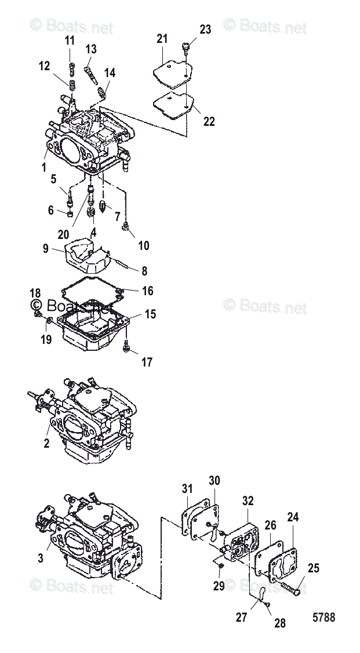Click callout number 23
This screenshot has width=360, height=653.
pyautogui.click(x=206, y=30)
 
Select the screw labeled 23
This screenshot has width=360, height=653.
pyautogui.click(x=186, y=47)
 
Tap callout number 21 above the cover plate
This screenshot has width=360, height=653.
pyautogui.click(x=162, y=39)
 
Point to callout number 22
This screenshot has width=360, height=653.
pyautogui.click(x=209, y=121)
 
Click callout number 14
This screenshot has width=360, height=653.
pyautogui.click(x=110, y=72)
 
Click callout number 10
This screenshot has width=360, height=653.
pyautogui.click(x=143, y=246)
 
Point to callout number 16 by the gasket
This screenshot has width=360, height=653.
pyautogui.click(x=147, y=291)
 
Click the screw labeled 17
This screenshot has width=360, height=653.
pyautogui.click(x=127, y=347)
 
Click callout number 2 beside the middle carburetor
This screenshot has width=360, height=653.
pyautogui.click(x=47, y=443)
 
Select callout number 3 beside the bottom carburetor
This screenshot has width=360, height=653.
pyautogui.click(x=41, y=559)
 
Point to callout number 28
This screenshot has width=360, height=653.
pyautogui.click(x=279, y=624)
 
